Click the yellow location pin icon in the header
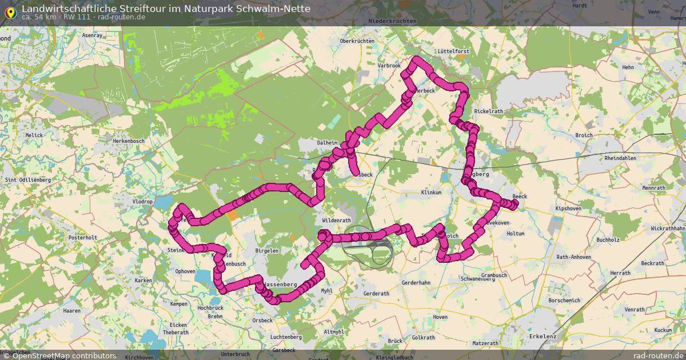click(x=10, y=11)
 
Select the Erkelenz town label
click(x=543, y=336)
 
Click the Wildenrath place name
click(x=336, y=220)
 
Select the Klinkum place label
click(x=432, y=193)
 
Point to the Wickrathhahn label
click(x=667, y=228)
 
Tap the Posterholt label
click(x=83, y=237)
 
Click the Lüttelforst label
click(x=453, y=51)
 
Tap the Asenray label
click(x=92, y=35)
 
